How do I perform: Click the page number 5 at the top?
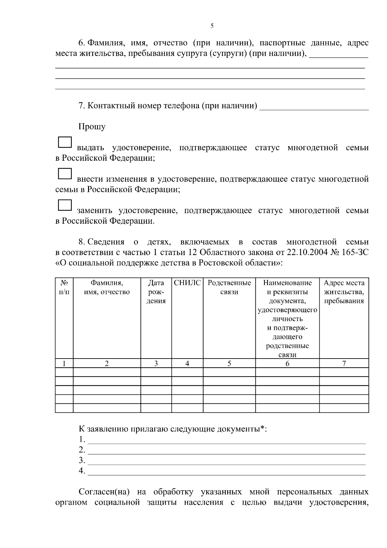[212, 26]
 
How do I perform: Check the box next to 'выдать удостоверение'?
[64, 142]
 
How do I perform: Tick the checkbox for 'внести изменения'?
[64, 174]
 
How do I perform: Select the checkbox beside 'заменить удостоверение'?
[64, 205]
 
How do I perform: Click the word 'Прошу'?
[92, 127]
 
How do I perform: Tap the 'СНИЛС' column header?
[187, 283]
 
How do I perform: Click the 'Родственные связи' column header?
[229, 287]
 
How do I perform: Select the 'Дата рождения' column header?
[156, 292]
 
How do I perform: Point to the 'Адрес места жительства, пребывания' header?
[344, 292]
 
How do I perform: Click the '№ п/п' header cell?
[64, 287]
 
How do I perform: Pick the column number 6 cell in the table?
[287, 363]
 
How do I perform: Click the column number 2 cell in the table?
[107, 363]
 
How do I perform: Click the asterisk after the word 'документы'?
[263, 428]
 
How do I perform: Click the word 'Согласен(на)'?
[104, 492]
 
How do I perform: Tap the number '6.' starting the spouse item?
[82, 43]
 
